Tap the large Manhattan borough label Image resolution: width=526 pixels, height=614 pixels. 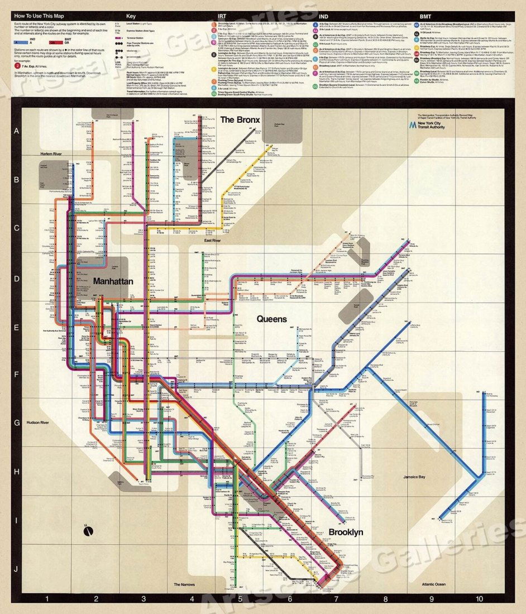tap(113, 281)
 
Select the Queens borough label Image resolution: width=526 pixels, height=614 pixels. tap(272, 319)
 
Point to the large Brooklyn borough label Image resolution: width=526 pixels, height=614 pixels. tap(346, 532)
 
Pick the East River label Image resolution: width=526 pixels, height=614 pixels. tap(212, 241)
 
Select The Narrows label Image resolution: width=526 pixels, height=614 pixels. tap(184, 584)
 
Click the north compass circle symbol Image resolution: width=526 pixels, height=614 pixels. tap(88, 531)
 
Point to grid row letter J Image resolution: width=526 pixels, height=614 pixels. tap(16, 569)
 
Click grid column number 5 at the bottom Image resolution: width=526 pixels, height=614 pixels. tap(240, 600)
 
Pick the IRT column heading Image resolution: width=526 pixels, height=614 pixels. tap(221, 16)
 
